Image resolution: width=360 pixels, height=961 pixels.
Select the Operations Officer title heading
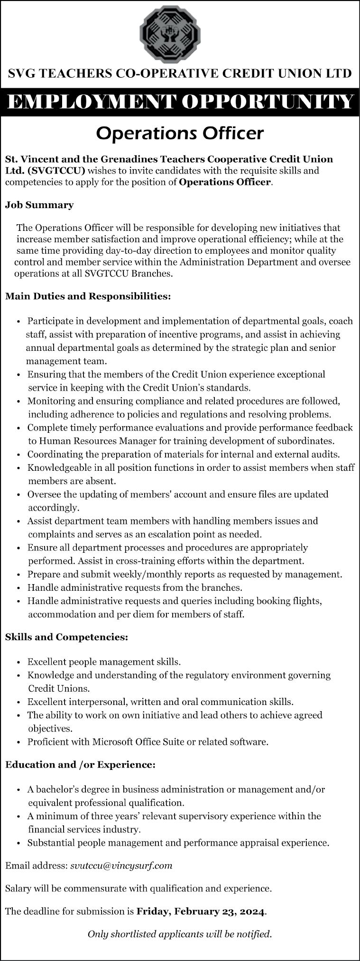pyautogui.click(x=180, y=133)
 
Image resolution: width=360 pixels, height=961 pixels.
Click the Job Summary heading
pyautogui.click(x=39, y=205)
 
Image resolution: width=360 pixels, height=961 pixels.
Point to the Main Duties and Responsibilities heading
pyautogui.click(x=88, y=296)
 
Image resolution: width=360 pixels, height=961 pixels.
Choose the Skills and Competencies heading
pyautogui.click(x=66, y=637)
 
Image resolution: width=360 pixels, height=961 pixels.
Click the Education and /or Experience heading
pyautogui.click(x=80, y=764)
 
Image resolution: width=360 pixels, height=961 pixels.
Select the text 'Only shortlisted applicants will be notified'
pyautogui.click(x=180, y=934)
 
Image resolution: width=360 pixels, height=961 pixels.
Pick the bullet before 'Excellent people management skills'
pyautogui.click(x=18, y=662)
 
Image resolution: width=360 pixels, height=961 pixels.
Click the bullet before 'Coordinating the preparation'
pyautogui.click(x=18, y=455)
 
